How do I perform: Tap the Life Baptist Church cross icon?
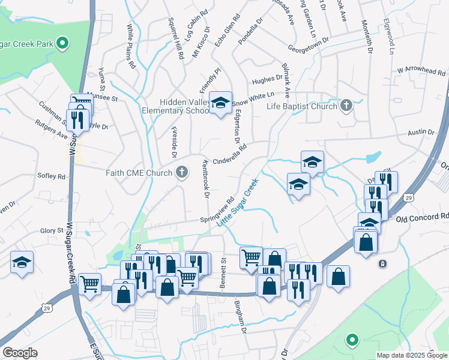pos(345,106)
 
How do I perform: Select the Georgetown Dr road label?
pos(309,43)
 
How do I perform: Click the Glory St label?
pos(52,230)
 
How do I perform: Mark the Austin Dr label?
pos(421,132)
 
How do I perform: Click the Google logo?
pos(20,353)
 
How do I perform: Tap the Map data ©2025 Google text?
pos(411,355)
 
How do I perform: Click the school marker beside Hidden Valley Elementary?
pos(221,103)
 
